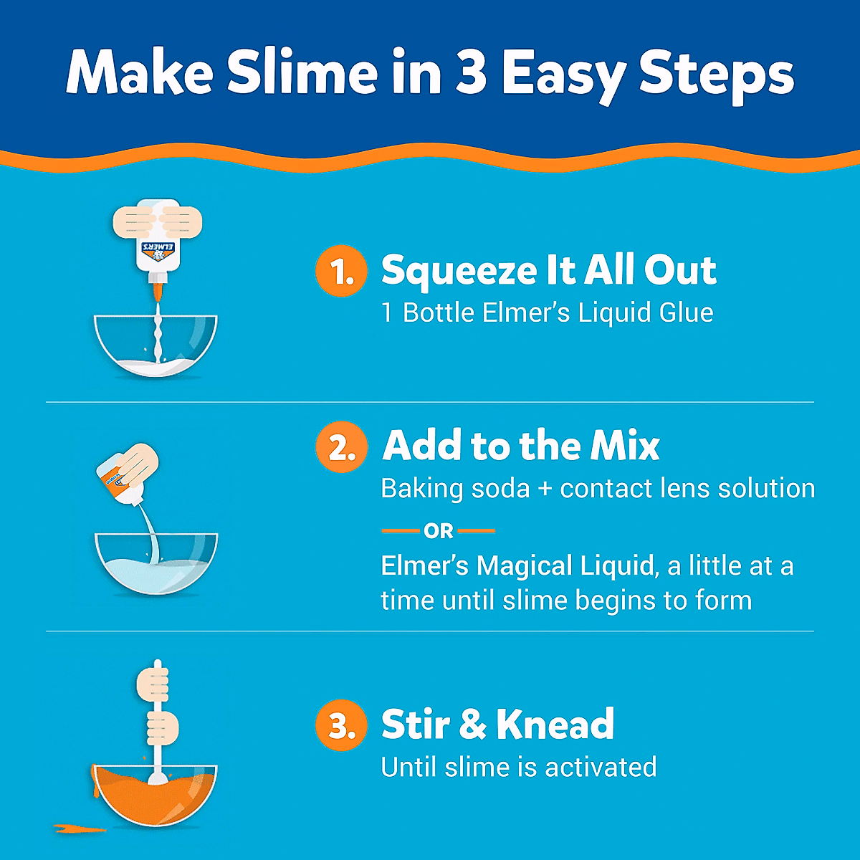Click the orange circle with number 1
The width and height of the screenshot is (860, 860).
[x=340, y=272]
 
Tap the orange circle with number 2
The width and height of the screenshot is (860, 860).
[x=340, y=447]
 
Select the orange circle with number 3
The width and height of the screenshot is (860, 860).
[x=340, y=725]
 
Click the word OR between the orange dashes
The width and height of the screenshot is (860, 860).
[x=439, y=531]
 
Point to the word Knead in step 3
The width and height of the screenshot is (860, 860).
[x=555, y=725]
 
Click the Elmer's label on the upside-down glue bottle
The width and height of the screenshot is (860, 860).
[x=157, y=251]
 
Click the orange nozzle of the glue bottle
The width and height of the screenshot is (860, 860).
[x=157, y=290]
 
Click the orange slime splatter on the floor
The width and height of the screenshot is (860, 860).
[x=79, y=829]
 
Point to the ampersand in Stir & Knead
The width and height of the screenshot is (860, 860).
[x=473, y=725]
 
